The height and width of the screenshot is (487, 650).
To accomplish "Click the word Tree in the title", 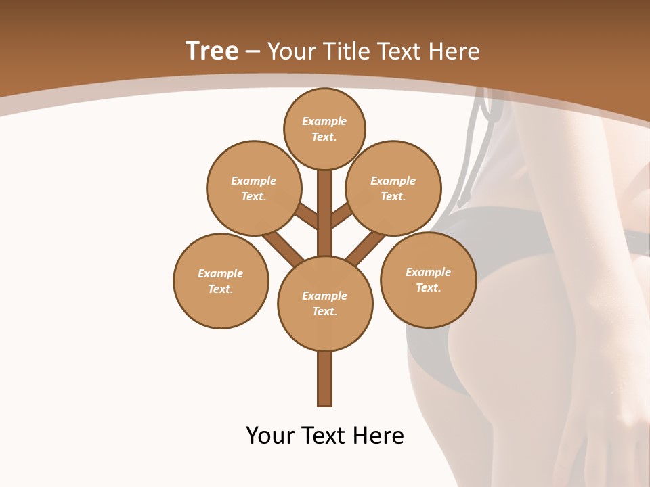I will click(x=212, y=51).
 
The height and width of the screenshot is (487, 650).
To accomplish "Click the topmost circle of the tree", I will click(x=324, y=129).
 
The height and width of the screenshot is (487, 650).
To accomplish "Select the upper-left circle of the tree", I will click(x=254, y=188).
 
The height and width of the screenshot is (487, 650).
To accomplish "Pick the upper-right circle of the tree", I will click(x=393, y=188).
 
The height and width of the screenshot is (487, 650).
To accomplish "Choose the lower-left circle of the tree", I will click(x=221, y=281).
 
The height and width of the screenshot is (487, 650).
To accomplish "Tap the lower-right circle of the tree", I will click(x=428, y=279).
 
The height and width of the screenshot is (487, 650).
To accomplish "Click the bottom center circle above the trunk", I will click(x=325, y=303).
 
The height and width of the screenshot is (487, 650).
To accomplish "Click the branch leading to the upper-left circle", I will click(x=307, y=215).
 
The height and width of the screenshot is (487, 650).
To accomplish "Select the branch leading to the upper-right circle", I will click(x=343, y=214).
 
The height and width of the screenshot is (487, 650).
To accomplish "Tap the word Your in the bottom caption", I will click(x=271, y=436).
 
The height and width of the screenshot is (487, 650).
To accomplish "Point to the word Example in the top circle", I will click(x=324, y=121).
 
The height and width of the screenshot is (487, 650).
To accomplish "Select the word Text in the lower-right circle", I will click(x=428, y=287).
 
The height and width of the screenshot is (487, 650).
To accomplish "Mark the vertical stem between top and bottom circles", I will click(x=325, y=213).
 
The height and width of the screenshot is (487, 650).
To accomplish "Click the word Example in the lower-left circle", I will click(x=221, y=273).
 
